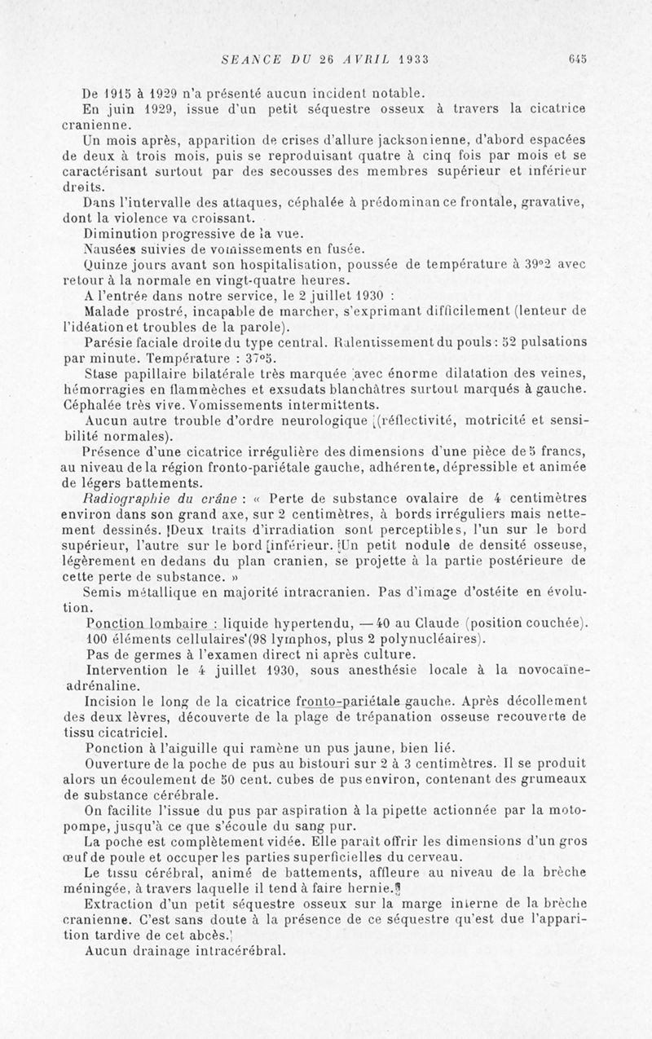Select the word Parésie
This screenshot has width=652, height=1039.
111,342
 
